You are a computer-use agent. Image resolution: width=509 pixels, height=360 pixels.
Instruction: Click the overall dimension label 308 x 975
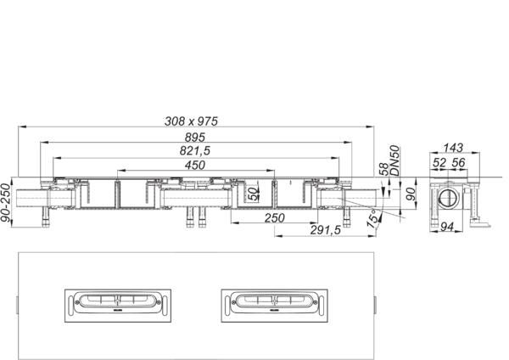pos(191,121)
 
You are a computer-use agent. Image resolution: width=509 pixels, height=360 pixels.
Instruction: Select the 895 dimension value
pos(195,138)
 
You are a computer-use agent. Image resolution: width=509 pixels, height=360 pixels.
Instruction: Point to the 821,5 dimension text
pos(195,151)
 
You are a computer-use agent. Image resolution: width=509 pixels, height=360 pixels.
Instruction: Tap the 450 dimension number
pos(195,165)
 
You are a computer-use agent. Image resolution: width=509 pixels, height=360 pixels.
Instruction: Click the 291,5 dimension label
pos(326,230)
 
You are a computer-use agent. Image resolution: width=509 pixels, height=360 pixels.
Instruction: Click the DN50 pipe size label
pos(394,160)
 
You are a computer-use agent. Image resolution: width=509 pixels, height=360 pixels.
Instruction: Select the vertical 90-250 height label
pos(6,203)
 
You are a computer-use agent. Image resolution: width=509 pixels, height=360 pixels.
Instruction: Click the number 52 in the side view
pos(439,162)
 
